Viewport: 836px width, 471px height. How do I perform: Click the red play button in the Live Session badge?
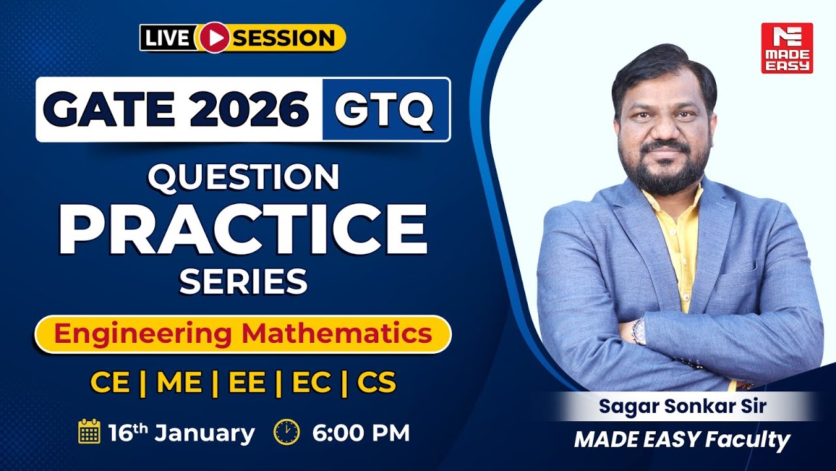[x=211, y=37]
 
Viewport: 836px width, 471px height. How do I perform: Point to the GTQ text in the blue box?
[x=385, y=109]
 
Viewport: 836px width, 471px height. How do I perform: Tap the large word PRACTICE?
[x=243, y=229]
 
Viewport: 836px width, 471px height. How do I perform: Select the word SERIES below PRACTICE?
[x=243, y=282]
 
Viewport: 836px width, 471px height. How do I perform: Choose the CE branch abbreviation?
[x=110, y=383]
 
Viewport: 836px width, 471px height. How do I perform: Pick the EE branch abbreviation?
[x=246, y=383]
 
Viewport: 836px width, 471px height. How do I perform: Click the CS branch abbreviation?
[x=377, y=383]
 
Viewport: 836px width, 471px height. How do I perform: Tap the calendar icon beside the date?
[x=89, y=432]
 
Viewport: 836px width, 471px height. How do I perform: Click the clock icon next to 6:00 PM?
[x=287, y=432]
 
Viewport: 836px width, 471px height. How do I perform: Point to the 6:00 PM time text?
[x=361, y=433]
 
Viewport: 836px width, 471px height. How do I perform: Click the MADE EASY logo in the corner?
[x=786, y=48]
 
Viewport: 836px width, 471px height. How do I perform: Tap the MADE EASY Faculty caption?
[x=682, y=440]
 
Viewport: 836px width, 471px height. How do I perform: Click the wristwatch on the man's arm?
[x=638, y=331]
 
